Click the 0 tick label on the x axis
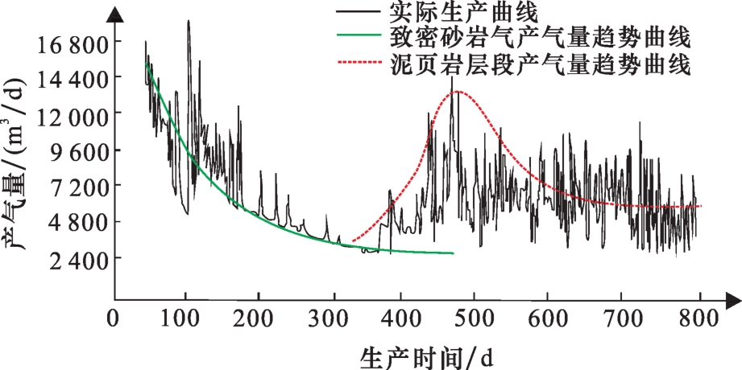[x=114, y=318]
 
